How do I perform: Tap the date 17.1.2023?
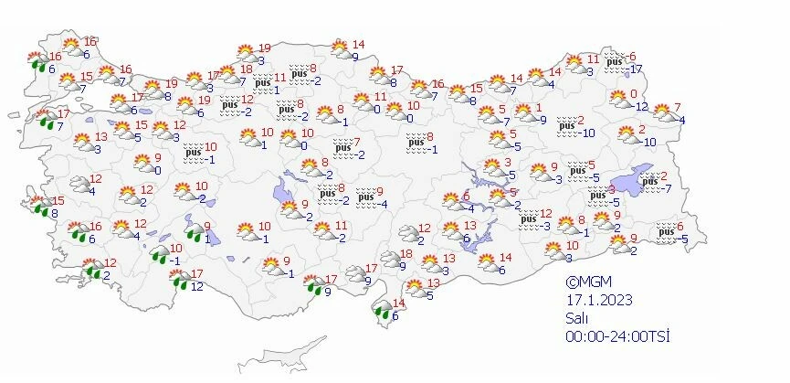click(x=597, y=300)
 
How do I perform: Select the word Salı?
click(x=575, y=318)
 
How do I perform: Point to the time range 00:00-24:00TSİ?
click(x=617, y=336)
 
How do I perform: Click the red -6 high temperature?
click(x=631, y=57)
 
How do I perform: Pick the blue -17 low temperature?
click(x=637, y=69)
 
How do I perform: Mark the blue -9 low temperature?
click(x=542, y=120)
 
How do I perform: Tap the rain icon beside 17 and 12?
click(x=181, y=278)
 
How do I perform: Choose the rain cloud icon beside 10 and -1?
click(x=161, y=253)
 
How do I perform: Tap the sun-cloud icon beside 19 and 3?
click(x=245, y=53)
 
